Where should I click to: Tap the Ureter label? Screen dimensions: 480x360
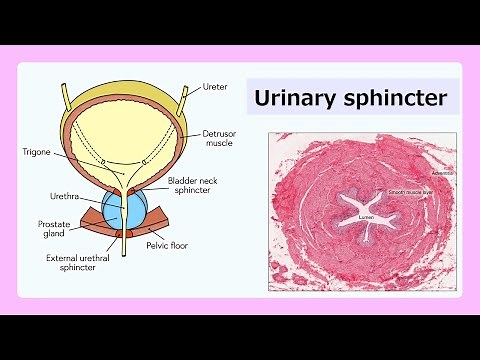(x=217, y=86)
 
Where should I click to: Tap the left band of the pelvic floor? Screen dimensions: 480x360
(x=96, y=234)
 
